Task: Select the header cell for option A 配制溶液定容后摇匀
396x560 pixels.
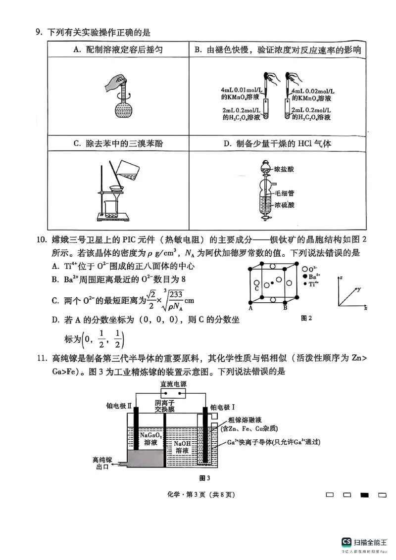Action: [x=118, y=50]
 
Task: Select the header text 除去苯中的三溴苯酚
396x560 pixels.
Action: [x=118, y=144]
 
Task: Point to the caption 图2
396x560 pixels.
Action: [x=306, y=318]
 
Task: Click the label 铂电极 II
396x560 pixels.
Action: [x=119, y=406]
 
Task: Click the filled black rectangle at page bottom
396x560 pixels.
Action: [x=365, y=495]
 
